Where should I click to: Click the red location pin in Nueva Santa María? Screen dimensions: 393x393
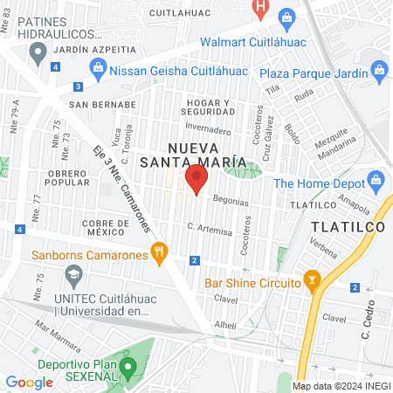point(196,180)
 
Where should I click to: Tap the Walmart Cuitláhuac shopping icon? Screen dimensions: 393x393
point(286,17)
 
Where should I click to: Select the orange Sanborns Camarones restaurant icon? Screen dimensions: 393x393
point(158,254)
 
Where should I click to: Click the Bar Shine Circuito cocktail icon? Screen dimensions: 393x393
point(313,280)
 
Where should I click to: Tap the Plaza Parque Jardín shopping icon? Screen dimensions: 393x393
point(379,69)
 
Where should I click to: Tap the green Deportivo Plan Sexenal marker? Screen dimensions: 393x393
point(129,368)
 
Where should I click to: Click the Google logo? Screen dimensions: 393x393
point(29,382)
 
